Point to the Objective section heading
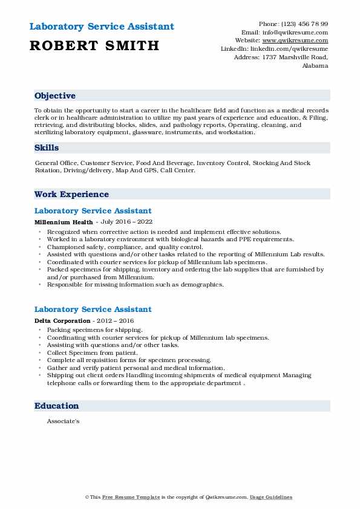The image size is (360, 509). (x=55, y=96)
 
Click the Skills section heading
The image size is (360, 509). (x=47, y=148)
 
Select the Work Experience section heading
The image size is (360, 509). (x=71, y=194)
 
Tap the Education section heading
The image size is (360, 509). (x=57, y=406)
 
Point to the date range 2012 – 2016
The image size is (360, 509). (x=114, y=320)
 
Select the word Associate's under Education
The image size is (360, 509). (x=63, y=421)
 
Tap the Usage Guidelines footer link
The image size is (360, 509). (x=271, y=497)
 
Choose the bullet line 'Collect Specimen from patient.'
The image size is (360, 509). (x=92, y=352)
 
